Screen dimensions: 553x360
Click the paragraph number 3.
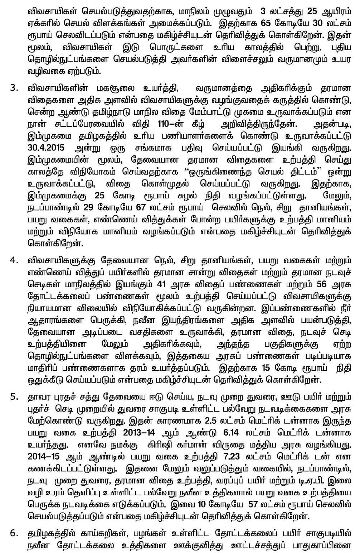point(13,88)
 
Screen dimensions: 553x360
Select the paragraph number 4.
point(13,260)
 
